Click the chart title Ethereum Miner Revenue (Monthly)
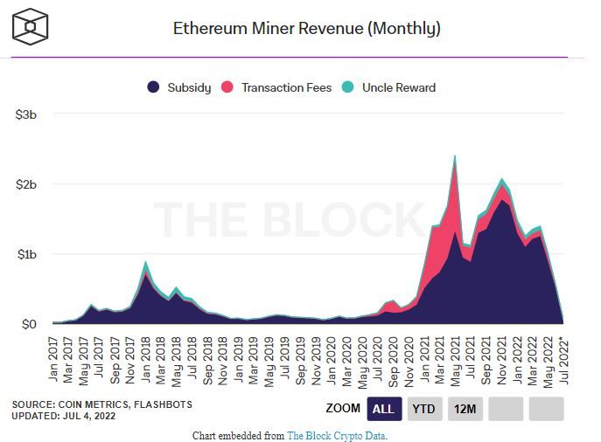(306, 28)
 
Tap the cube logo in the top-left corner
(31, 26)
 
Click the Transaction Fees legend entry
(277, 87)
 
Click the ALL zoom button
(382, 408)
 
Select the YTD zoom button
(424, 408)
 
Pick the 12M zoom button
(465, 408)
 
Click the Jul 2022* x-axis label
(564, 357)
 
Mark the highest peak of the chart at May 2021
(455, 157)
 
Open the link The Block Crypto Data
(337, 434)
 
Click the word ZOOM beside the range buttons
(342, 408)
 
